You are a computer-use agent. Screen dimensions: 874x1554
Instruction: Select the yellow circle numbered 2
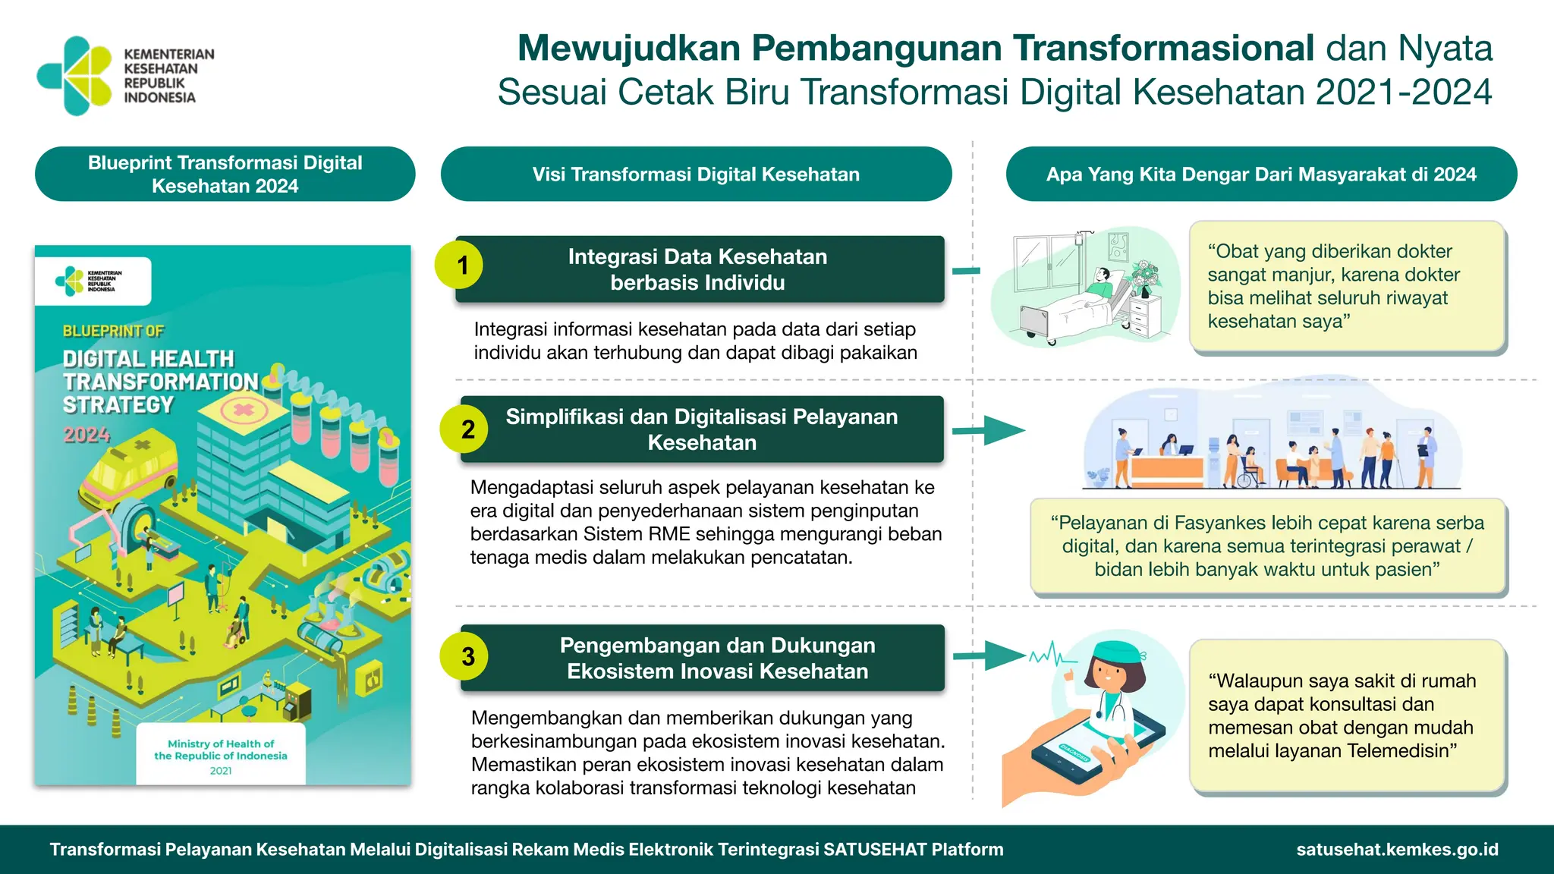click(x=464, y=429)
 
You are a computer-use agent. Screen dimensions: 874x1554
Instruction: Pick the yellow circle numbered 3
click(x=464, y=656)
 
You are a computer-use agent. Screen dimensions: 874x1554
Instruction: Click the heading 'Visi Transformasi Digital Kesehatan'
click(x=696, y=174)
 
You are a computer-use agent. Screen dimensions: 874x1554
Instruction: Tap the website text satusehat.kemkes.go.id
click(x=1397, y=850)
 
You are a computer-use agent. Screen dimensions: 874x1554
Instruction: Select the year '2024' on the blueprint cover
click(x=87, y=435)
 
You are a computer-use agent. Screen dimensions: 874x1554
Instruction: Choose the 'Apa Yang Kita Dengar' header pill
click(x=1261, y=174)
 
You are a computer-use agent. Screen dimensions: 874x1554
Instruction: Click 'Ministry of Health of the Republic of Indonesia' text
click(x=221, y=750)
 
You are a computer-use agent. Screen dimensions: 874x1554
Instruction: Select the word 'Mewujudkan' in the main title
click(x=629, y=48)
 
